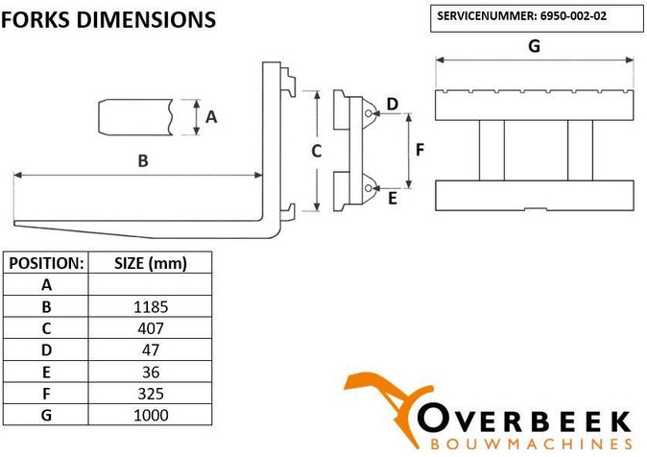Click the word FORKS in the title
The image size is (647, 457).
pos(36,19)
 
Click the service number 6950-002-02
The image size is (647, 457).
pos(573,16)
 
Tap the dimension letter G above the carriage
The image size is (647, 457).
pos(535,46)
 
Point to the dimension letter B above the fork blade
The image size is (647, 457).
pos(143,160)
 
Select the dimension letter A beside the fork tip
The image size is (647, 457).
pos(211,117)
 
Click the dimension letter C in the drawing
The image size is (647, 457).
pos(317,151)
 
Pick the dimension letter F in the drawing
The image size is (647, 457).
pos(419,150)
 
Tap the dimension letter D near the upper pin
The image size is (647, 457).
pos(393,104)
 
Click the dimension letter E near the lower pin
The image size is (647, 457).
pos(393,198)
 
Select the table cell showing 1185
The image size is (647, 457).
pos(151,306)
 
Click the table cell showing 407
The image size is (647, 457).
pos(151,328)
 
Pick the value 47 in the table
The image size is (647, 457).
pos(151,350)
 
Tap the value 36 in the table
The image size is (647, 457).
pos(151,372)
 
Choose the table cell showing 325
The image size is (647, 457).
pos(151,394)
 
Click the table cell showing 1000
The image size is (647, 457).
pos(151,415)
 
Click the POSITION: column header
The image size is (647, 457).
pos(46,263)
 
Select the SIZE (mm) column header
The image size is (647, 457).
pos(151,263)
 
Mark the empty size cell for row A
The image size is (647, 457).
pos(151,284)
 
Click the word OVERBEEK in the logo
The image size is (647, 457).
pos(524,421)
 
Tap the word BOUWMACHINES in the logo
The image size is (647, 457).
pos(531,445)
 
